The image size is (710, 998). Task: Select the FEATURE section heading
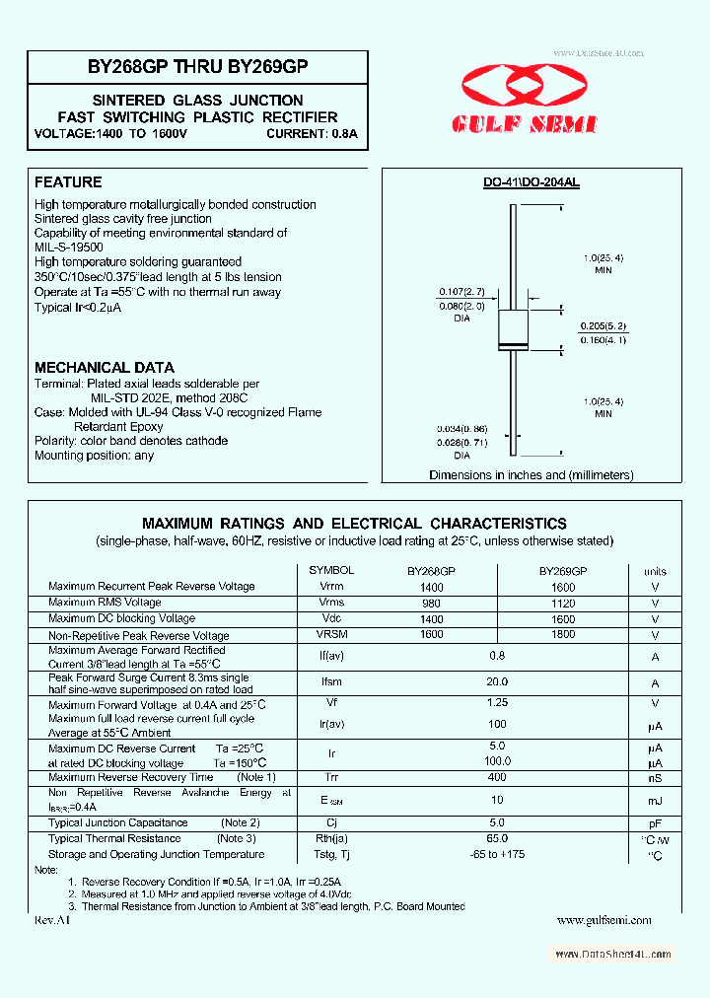click(68, 182)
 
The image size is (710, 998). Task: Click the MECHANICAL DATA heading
click(105, 367)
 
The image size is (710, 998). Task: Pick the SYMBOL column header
click(331, 571)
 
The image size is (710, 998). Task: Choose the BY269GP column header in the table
click(562, 571)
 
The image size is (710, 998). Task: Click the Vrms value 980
click(431, 603)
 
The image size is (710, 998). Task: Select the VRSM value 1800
click(562, 635)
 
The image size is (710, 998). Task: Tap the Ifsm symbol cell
click(331, 681)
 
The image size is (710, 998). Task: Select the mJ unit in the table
click(655, 801)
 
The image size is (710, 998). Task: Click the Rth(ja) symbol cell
click(331, 838)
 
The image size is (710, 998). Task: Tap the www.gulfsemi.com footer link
click(603, 920)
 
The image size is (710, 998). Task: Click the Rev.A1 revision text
click(53, 920)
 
